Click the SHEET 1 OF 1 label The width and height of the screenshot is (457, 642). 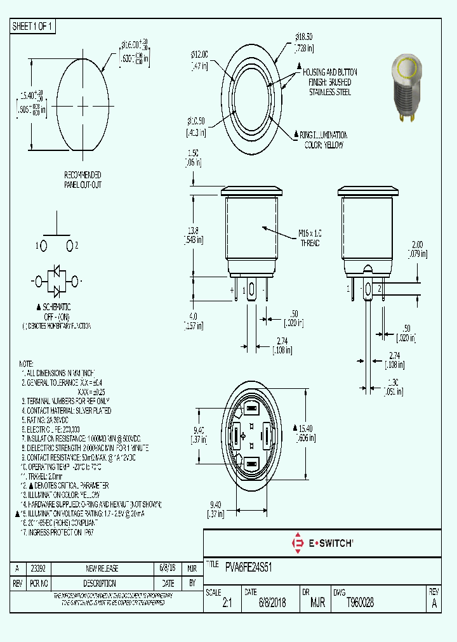tap(33, 26)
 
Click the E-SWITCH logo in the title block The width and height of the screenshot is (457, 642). tap(322, 543)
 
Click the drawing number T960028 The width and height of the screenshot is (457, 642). tap(360, 603)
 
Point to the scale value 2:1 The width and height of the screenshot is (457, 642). tap(227, 603)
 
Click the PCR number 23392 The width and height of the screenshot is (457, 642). tap(38, 568)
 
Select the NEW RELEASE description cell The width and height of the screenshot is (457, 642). tap(102, 568)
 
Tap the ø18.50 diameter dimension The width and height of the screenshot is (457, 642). tap(304, 39)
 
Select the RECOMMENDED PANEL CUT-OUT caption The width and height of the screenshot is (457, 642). tap(83, 180)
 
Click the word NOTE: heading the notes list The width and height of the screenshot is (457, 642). tap(26, 364)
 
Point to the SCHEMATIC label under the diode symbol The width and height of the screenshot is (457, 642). tap(55, 307)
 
